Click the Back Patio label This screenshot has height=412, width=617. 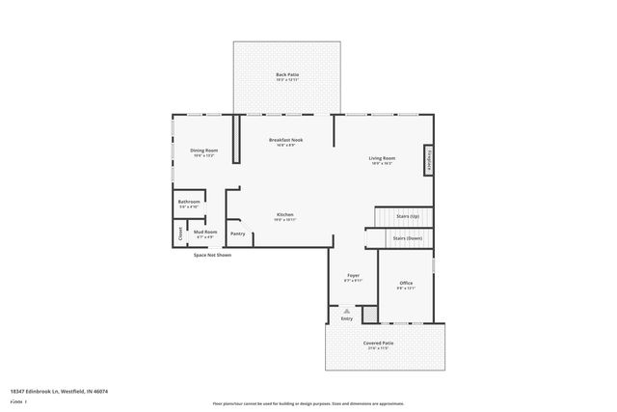(286, 76)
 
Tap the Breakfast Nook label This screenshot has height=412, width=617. (286, 142)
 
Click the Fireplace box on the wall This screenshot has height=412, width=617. (428, 161)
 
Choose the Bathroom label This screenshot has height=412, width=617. (189, 204)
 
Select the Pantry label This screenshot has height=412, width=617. (237, 233)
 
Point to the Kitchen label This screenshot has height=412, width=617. (285, 216)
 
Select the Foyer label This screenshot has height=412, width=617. (353, 278)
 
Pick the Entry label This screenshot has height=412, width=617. (346, 318)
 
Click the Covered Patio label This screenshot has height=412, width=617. (378, 344)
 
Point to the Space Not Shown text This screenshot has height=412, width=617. (212, 255)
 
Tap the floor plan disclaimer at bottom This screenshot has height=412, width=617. (308, 403)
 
